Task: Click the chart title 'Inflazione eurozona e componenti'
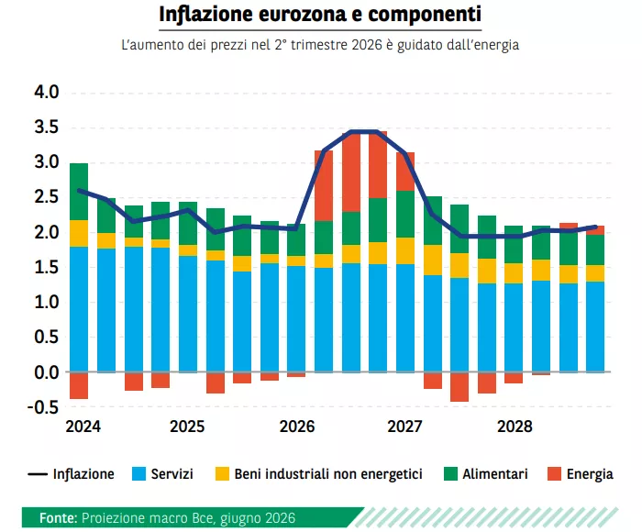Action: (320, 15)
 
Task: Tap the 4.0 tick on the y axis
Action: (47, 92)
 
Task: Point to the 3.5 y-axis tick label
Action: (47, 127)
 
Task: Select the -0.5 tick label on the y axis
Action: (43, 407)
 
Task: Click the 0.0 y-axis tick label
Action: (47, 372)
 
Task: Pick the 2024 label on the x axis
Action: (83, 427)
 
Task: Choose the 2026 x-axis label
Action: (297, 427)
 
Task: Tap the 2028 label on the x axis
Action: (515, 427)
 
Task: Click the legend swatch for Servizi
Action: (138, 474)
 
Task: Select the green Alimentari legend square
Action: (450, 474)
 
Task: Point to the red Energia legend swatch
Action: (554, 474)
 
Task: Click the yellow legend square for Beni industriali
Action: (222, 474)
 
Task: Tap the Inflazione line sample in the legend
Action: (38, 474)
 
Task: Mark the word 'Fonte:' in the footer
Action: (59, 518)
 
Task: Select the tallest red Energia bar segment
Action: (351, 172)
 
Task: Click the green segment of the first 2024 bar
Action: (79, 192)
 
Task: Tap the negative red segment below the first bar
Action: (79, 385)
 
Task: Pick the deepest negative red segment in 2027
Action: (459, 386)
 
